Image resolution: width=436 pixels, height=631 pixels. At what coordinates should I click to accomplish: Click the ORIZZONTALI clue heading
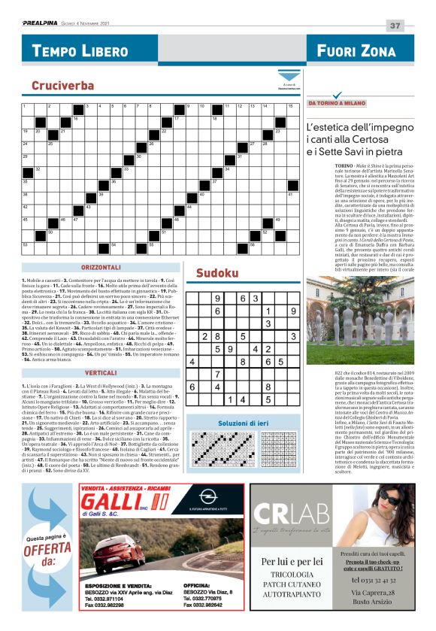(101, 268)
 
